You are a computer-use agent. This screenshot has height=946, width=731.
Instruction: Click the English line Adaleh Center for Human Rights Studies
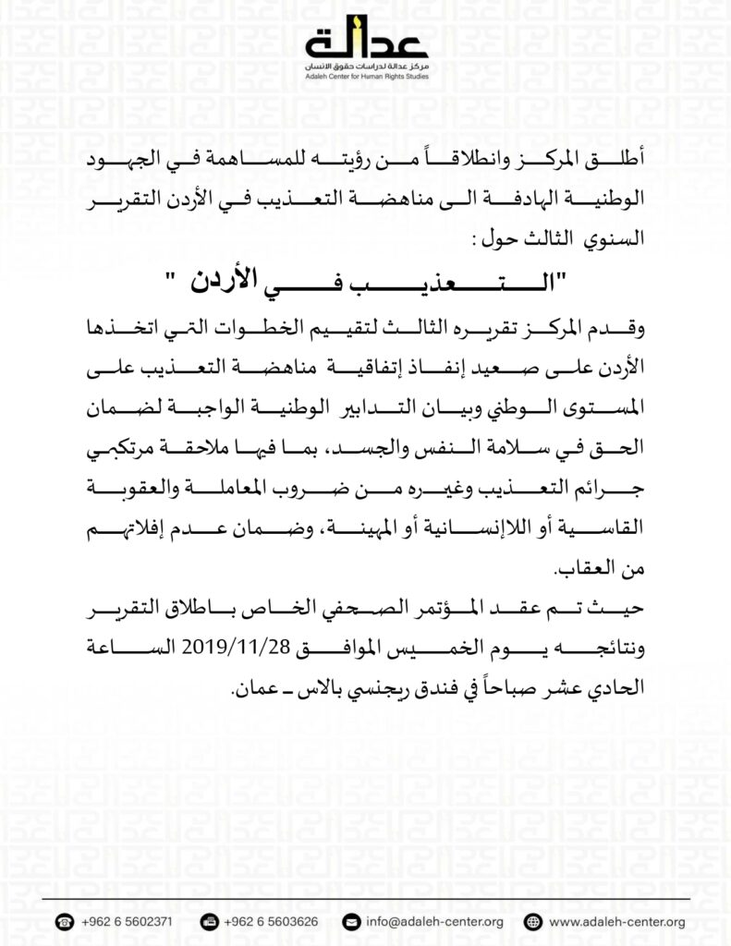366,78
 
